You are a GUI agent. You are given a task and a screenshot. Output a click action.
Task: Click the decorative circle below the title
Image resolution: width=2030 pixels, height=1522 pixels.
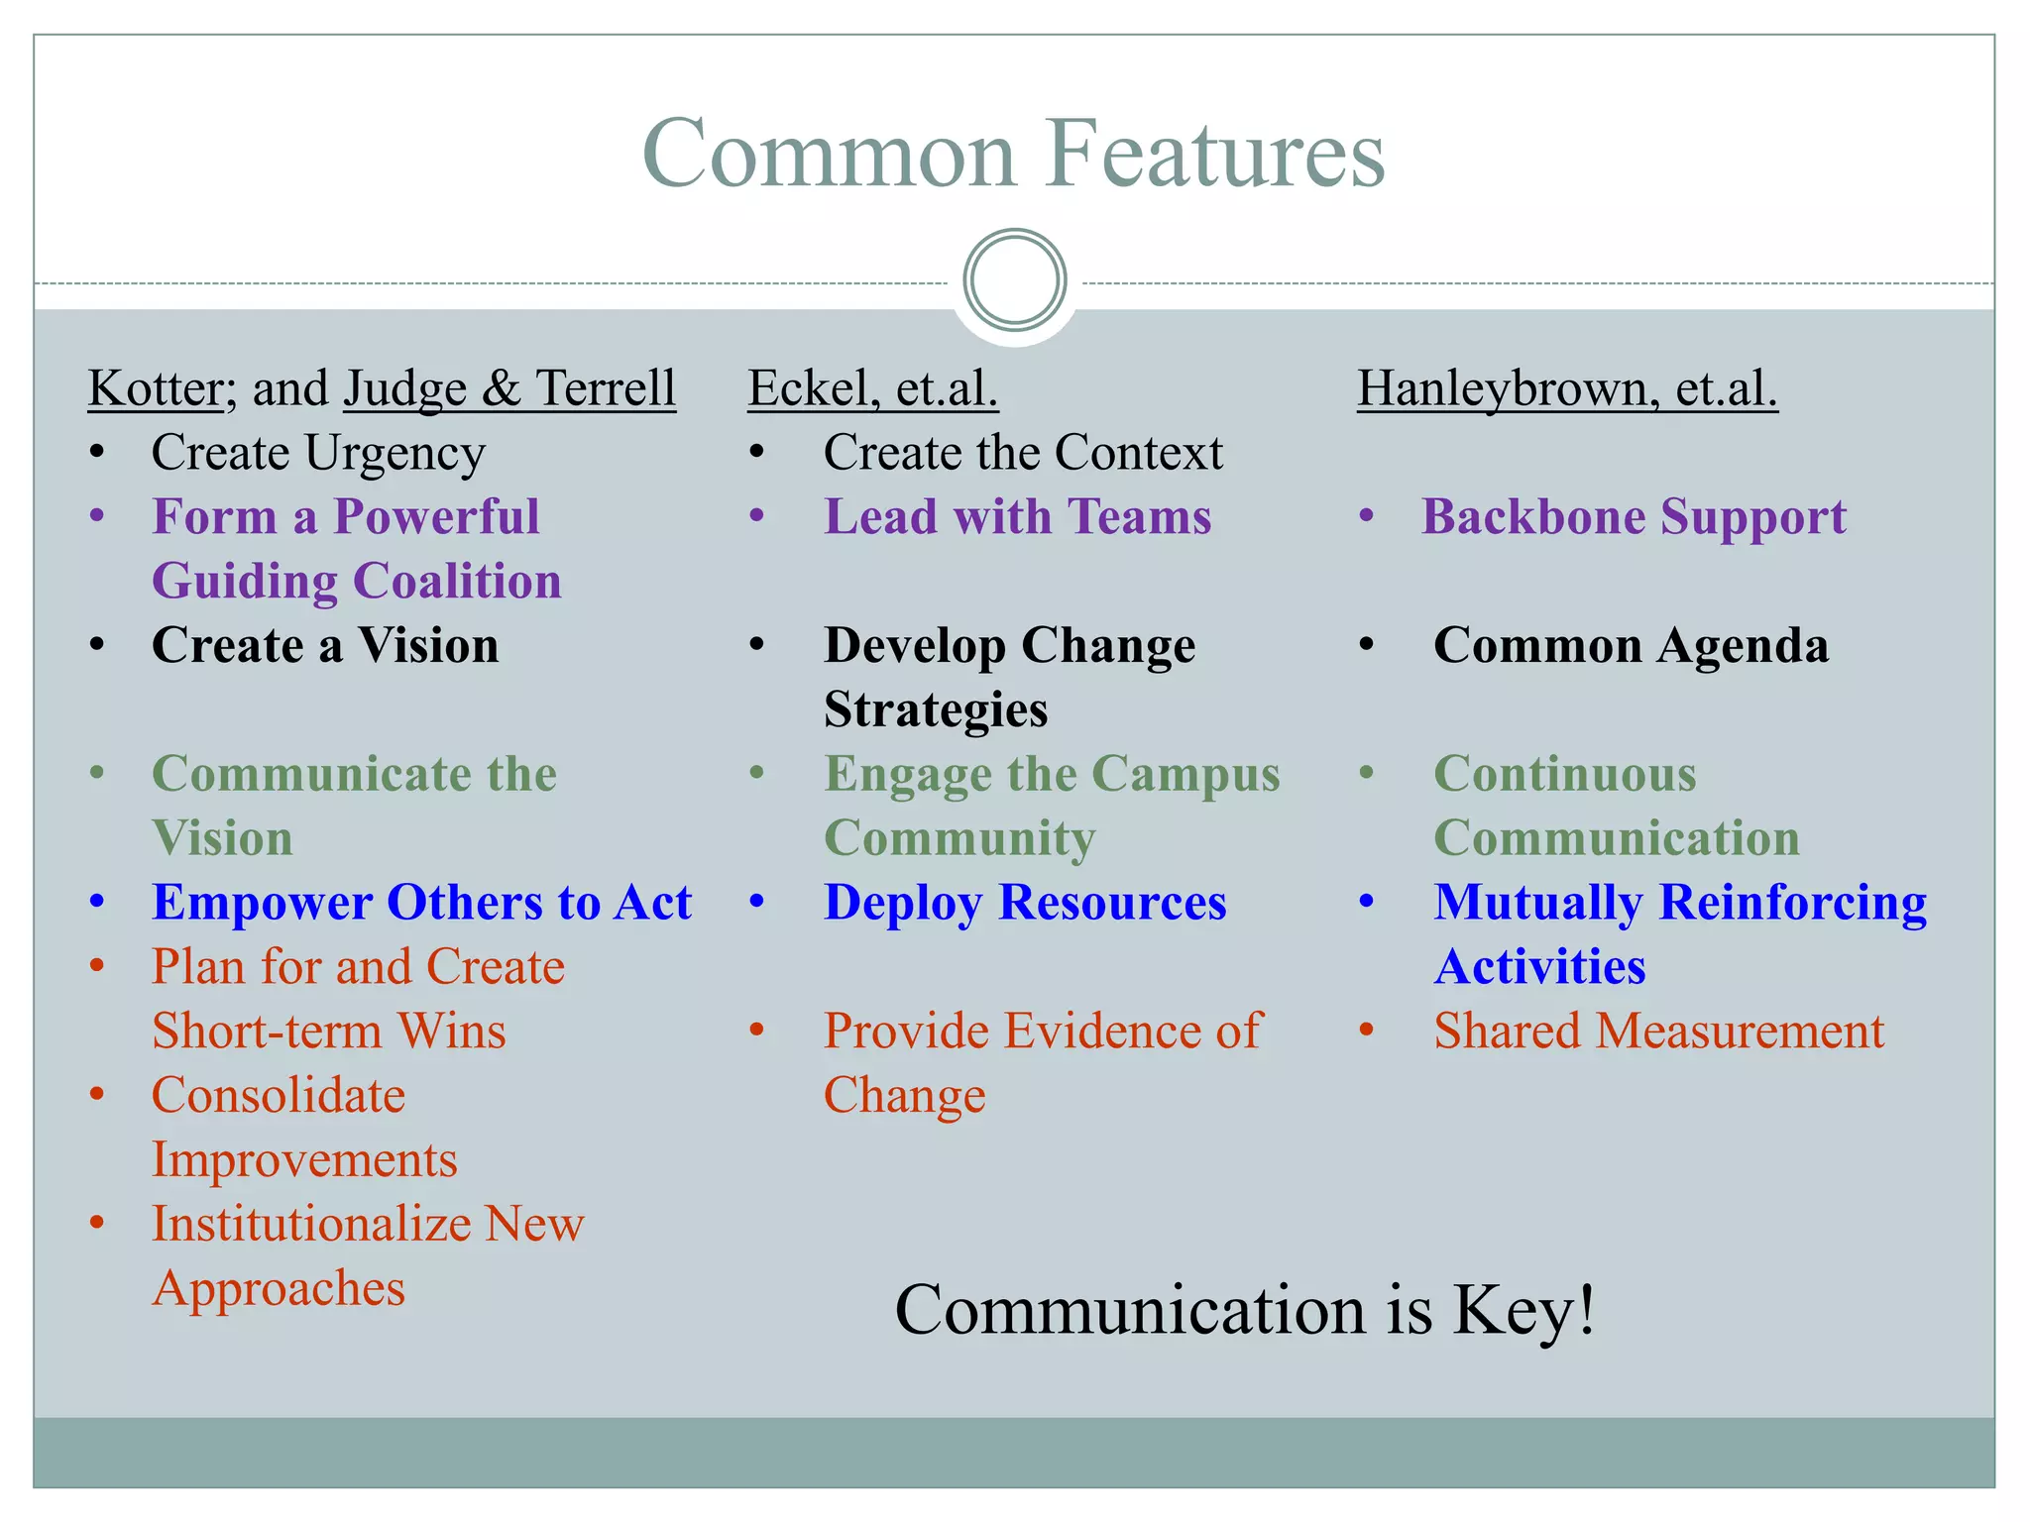click(1014, 280)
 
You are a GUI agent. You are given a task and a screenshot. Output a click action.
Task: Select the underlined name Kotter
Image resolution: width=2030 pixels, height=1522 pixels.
click(155, 387)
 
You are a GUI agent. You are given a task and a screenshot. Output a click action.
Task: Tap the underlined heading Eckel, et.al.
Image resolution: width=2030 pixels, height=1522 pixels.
click(872, 387)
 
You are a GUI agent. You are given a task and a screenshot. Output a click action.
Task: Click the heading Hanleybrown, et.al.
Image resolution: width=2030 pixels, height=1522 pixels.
click(1566, 387)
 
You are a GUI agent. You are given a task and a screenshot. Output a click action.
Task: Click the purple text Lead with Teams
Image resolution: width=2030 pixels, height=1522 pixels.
click(1017, 517)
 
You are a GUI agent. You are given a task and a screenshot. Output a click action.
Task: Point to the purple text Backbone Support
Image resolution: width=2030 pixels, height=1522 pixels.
click(1634, 517)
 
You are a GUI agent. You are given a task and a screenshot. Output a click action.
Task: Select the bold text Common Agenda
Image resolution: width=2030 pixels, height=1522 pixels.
click(1631, 646)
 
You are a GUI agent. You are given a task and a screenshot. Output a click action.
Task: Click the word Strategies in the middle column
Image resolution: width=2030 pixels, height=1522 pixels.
click(935, 710)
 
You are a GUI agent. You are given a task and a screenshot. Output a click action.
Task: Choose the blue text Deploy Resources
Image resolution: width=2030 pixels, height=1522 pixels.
click(1025, 903)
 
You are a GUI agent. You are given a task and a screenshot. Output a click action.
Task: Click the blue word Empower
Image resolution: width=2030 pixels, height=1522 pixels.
click(262, 903)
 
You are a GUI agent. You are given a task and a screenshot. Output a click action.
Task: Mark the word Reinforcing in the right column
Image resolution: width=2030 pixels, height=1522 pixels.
click(1792, 903)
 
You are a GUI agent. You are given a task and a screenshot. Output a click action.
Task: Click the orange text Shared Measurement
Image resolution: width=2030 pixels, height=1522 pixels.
click(1658, 1032)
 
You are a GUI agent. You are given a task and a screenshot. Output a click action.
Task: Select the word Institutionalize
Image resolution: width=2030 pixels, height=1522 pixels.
click(310, 1225)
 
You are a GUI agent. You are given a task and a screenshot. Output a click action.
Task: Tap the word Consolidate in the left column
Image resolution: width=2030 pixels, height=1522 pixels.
click(278, 1096)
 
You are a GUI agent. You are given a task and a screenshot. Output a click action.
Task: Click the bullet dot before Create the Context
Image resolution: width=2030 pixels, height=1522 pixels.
click(757, 453)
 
